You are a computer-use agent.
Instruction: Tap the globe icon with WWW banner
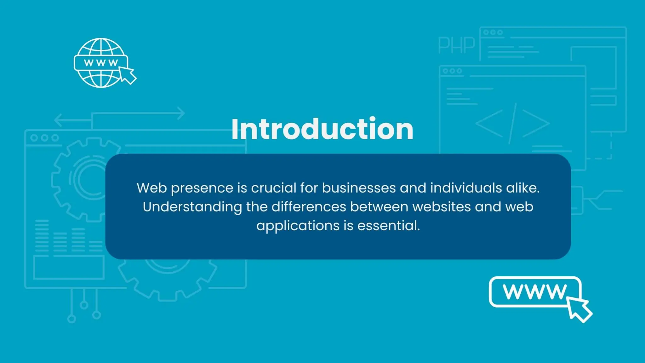click(101, 63)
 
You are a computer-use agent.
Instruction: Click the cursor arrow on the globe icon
click(128, 75)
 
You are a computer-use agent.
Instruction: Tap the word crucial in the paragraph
click(274, 188)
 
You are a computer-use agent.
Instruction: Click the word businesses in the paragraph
click(359, 188)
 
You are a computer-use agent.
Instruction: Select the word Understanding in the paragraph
click(192, 207)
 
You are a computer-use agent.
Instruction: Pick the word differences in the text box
click(309, 207)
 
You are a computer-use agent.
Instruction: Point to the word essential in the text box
click(388, 226)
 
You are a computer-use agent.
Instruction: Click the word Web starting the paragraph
click(151, 188)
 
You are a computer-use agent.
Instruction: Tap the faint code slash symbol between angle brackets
click(513, 123)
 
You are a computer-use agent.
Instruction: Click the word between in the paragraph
click(379, 207)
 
